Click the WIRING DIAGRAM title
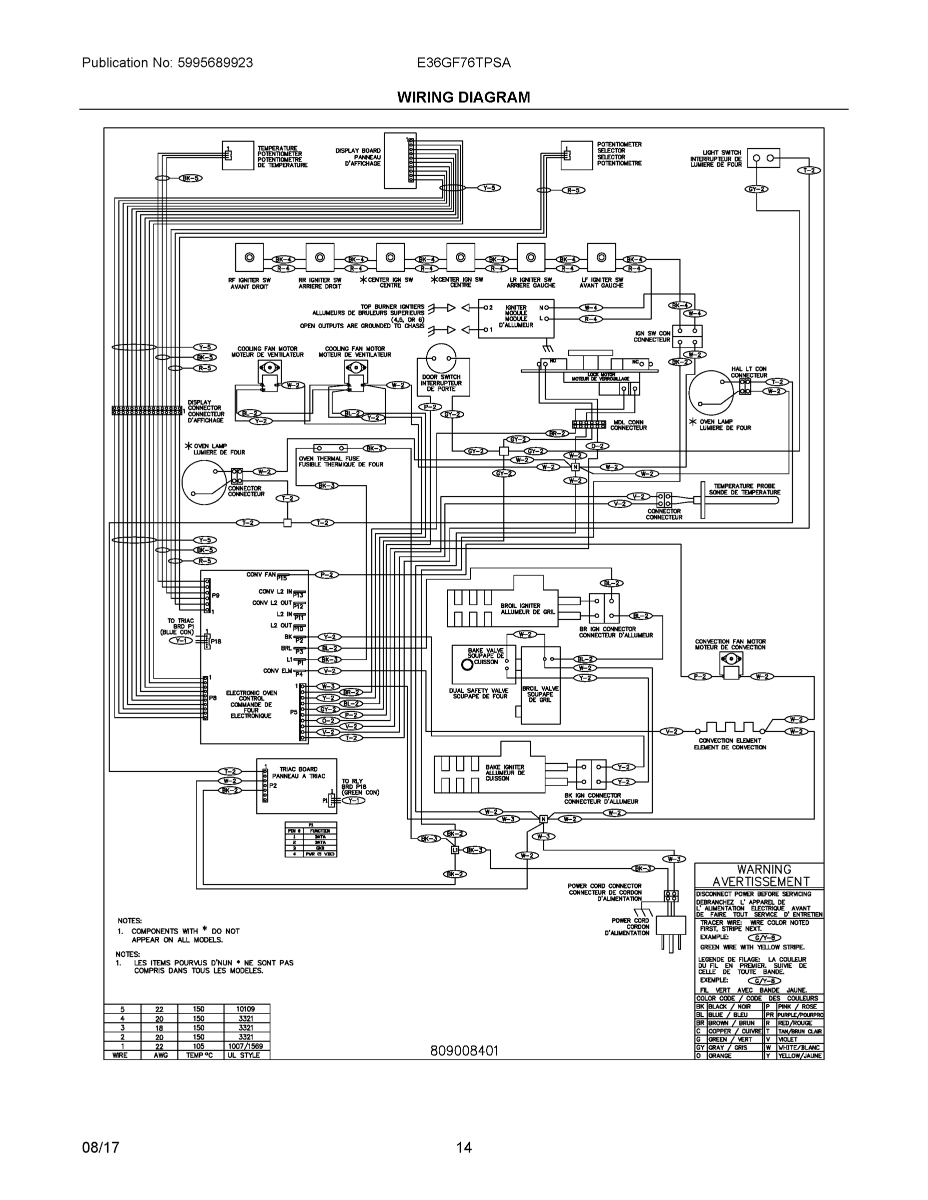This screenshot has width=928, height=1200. pyautogui.click(x=463, y=97)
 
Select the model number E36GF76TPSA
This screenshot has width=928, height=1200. pyautogui.click(x=463, y=62)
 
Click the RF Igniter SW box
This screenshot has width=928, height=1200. pyautogui.click(x=249, y=257)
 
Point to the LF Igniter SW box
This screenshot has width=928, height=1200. pyautogui.click(x=601, y=257)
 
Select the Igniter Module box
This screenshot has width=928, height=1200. pyautogui.click(x=516, y=318)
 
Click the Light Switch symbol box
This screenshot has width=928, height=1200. pyautogui.click(x=763, y=158)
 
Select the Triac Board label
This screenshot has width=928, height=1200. pyautogui.click(x=299, y=772)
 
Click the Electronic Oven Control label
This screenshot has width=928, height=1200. pyautogui.click(x=251, y=704)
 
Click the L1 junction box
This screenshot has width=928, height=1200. pyautogui.click(x=455, y=850)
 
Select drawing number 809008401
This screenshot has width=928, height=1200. pyautogui.click(x=464, y=1051)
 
